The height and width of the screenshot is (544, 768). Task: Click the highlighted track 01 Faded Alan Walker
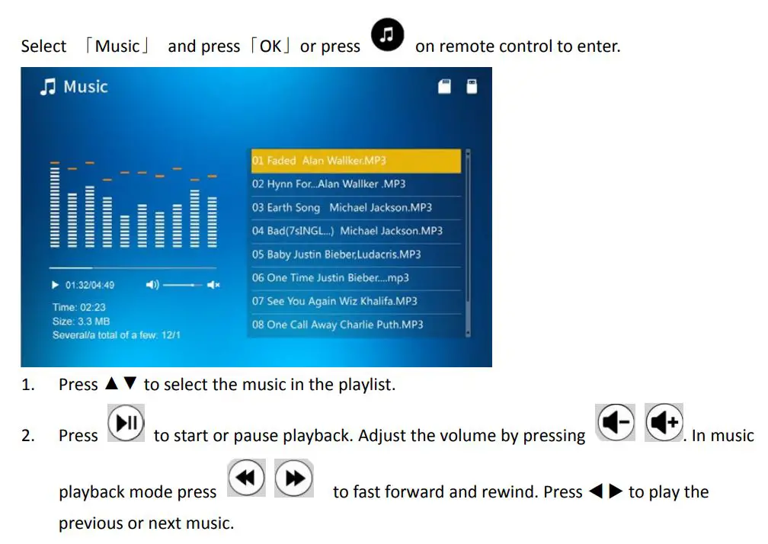pyautogui.click(x=356, y=161)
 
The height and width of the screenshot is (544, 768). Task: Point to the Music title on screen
pyautogui.click(x=75, y=87)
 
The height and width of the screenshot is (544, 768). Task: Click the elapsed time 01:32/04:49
pyautogui.click(x=89, y=285)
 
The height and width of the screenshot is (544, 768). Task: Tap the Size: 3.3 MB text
pyautogui.click(x=81, y=321)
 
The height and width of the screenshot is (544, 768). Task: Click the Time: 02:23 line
pyautogui.click(x=78, y=307)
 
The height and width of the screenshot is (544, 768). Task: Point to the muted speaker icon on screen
pyautogui.click(x=213, y=285)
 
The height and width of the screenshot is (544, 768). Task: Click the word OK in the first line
pyautogui.click(x=270, y=46)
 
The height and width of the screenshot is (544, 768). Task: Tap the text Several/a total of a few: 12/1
pyautogui.click(x=116, y=334)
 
